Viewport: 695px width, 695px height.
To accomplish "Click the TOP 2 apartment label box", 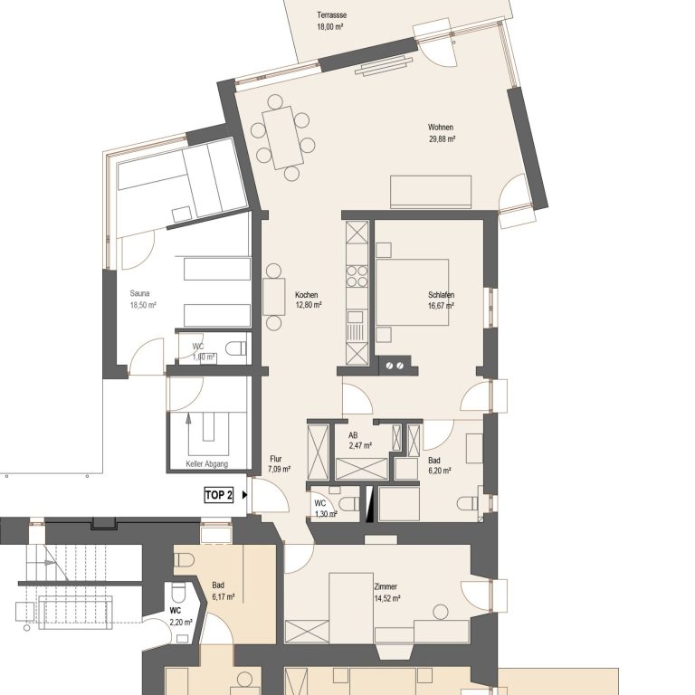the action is pos(218,495).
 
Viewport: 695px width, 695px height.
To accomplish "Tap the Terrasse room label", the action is pos(331,15).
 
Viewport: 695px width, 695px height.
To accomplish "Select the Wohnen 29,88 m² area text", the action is pos(442,133).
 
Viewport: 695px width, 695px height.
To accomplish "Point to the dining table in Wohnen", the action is pos(282,138).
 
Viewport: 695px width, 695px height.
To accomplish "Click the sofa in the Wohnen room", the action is pos(431,192).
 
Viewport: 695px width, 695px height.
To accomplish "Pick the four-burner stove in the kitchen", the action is pos(357,276).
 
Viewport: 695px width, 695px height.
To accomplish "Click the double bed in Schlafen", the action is pos(413,292).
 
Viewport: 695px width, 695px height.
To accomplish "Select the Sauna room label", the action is pos(139,293).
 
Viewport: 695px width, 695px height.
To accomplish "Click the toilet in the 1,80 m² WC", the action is pos(236,347).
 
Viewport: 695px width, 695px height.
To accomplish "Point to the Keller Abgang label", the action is pos(207,463).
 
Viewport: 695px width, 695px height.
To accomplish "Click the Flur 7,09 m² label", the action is pos(280,463).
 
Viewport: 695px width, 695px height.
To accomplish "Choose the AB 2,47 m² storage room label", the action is pos(360,441).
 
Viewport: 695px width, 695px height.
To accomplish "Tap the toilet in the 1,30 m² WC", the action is pos(349,503).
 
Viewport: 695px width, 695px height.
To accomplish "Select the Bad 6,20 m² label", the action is pos(440,465).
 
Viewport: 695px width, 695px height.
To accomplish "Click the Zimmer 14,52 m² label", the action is pos(387,592).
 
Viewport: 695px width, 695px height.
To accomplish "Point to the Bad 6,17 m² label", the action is pos(224,591).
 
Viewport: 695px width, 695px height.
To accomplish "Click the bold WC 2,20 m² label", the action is pos(181,616).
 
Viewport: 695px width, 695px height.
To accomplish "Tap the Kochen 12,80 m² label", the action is pos(309,300).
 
